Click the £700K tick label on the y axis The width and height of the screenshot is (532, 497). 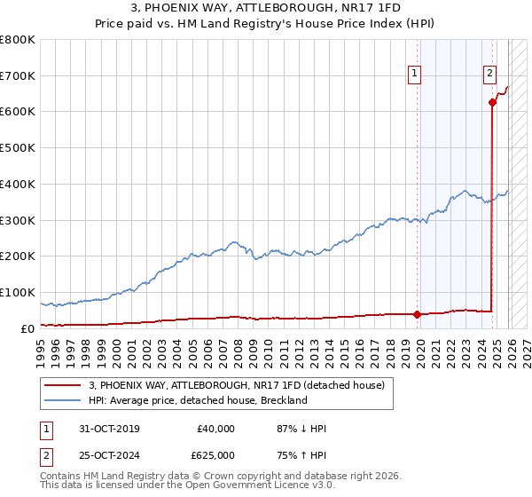point(18,76)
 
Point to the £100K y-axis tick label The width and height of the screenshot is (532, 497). point(18,292)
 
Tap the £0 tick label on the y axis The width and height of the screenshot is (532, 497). point(27,328)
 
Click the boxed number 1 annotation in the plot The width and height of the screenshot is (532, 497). point(416,74)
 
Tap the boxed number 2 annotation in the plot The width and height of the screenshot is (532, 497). point(489,74)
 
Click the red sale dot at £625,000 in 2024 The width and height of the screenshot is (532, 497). point(492,103)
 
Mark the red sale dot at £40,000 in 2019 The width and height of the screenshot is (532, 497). point(417,313)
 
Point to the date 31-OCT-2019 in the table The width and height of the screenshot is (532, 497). point(109,429)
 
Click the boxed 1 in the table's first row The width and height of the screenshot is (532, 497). point(45,429)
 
